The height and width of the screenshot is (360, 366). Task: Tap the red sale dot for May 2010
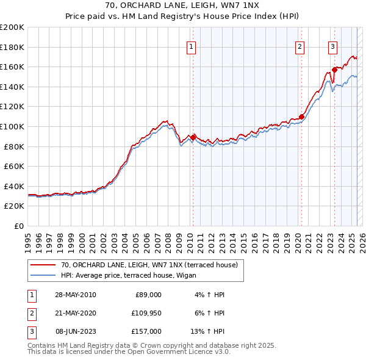(x=193, y=137)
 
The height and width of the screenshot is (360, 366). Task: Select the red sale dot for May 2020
(x=301, y=117)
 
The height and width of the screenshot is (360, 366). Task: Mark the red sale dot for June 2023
(x=334, y=70)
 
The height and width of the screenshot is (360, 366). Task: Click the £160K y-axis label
(x=12, y=67)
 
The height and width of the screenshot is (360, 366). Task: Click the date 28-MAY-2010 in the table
(x=76, y=295)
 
